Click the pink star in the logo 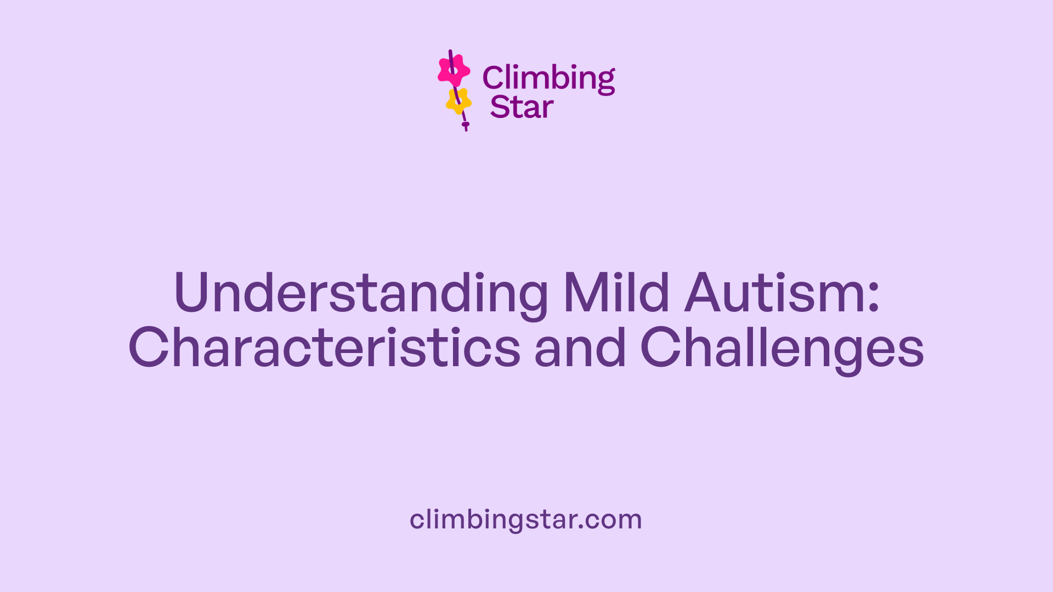[x=454, y=70]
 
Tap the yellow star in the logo [x=458, y=101]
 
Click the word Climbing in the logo [x=548, y=78]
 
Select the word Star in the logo [x=522, y=107]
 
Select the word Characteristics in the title [x=324, y=348]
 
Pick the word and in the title [x=580, y=348]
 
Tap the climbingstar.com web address [x=525, y=519]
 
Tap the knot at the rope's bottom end [x=466, y=125]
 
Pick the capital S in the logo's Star [x=499, y=107]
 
